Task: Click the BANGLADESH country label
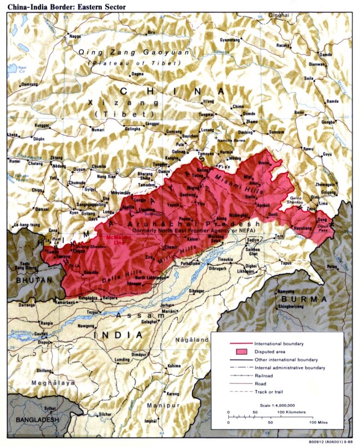click(38, 421)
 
